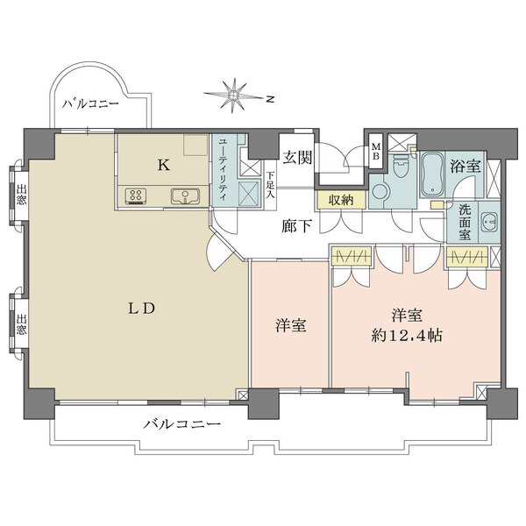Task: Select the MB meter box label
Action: (x=375, y=152)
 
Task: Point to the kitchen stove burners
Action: (x=138, y=196)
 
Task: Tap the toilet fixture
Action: (x=402, y=165)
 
